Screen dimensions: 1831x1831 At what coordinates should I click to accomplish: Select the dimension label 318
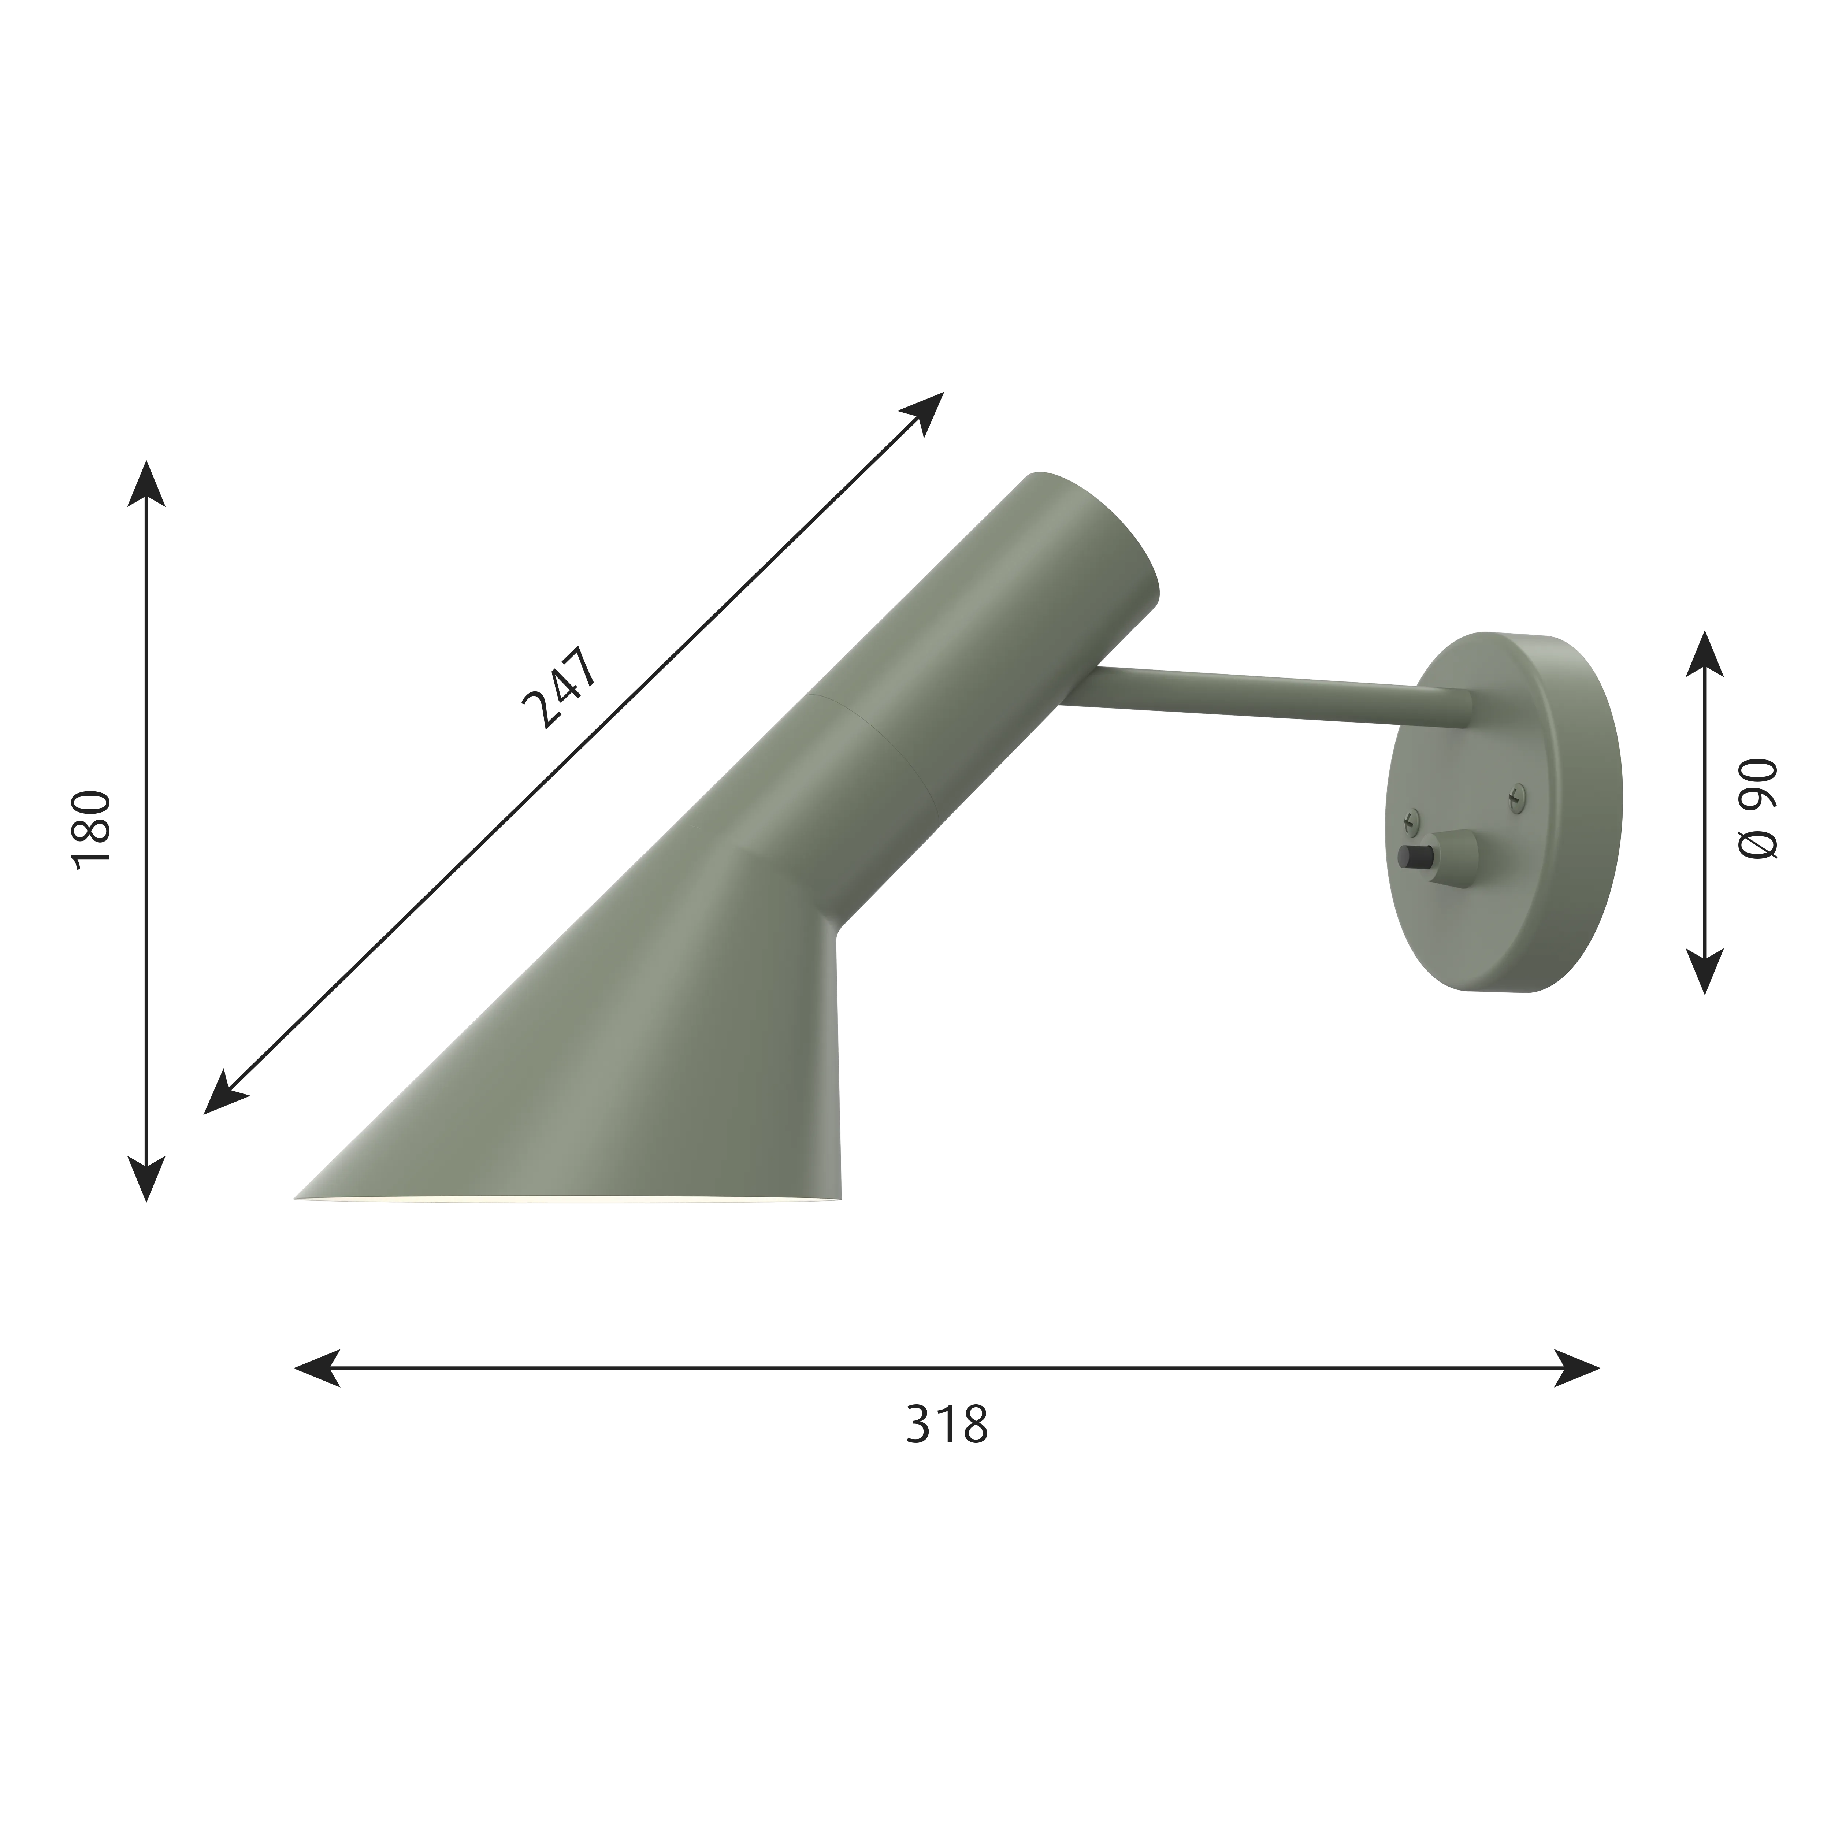point(947,1450)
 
